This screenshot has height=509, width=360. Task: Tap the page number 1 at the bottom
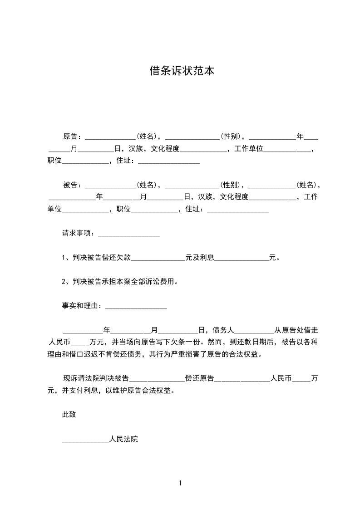[180, 483]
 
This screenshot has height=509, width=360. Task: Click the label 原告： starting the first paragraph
[73, 136]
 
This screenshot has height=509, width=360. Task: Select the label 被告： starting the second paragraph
[73, 185]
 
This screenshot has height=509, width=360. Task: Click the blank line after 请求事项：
[129, 235]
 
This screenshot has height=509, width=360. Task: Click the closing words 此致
[69, 414]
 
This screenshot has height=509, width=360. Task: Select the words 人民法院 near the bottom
[123, 439]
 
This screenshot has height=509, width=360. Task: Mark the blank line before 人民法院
[85, 440]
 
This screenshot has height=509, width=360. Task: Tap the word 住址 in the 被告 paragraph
[192, 209]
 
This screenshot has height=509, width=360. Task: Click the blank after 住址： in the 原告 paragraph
[169, 162]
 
